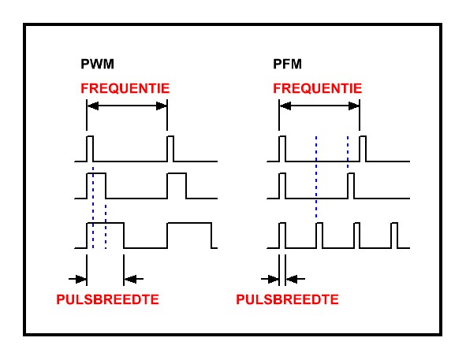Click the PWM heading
(97, 64)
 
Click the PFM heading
(287, 64)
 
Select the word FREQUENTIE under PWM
(125, 88)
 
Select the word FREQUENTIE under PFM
(318, 88)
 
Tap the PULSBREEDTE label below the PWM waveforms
(107, 299)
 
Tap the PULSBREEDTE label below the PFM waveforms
(287, 299)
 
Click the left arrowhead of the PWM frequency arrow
(93, 106)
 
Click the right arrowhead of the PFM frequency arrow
(354, 106)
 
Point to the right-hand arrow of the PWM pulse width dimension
(134, 279)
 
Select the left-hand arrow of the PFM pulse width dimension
(270, 279)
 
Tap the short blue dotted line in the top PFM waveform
(348, 152)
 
